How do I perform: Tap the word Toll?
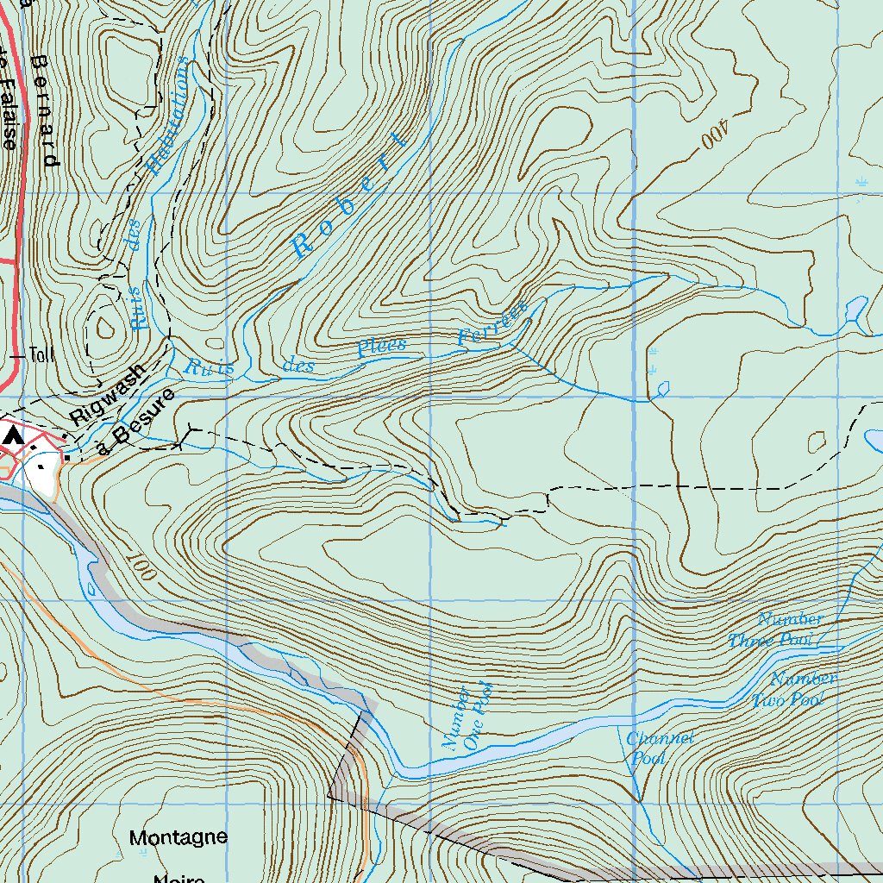pyautogui.click(x=41, y=354)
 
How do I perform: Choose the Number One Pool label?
pyautogui.click(x=467, y=716)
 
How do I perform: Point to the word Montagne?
pyautogui.click(x=178, y=837)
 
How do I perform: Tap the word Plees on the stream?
pyautogui.click(x=381, y=348)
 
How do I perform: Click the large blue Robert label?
pyautogui.click(x=349, y=195)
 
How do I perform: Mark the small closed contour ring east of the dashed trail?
pyautogui.click(x=816, y=441)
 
